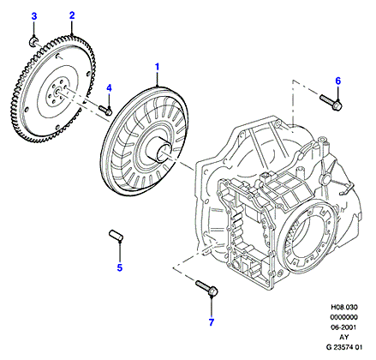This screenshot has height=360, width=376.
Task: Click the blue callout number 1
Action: pyautogui.click(x=157, y=67)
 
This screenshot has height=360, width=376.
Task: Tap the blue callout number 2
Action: pyautogui.click(x=72, y=15)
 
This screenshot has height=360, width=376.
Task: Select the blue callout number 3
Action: pyautogui.click(x=34, y=16)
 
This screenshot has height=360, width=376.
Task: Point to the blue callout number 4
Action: pyautogui.click(x=109, y=88)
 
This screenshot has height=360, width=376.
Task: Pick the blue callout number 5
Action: pyautogui.click(x=120, y=267)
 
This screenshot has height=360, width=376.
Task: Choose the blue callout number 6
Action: pyautogui.click(x=338, y=81)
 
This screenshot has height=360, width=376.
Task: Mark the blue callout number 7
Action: pyautogui.click(x=212, y=322)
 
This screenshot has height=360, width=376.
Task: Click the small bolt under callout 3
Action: pyautogui.click(x=33, y=42)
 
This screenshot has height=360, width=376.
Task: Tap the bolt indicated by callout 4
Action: pyautogui.click(x=105, y=110)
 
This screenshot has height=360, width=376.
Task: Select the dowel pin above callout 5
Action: pyautogui.click(x=116, y=235)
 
